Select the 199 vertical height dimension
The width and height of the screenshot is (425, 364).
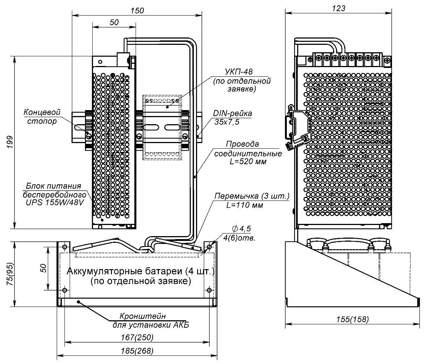[x=10, y=142]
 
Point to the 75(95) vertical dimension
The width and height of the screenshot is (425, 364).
[x=10, y=274]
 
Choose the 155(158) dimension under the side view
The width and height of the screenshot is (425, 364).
[x=351, y=319]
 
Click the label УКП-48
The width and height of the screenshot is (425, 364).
[x=239, y=72]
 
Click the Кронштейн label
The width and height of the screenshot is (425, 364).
[x=142, y=317]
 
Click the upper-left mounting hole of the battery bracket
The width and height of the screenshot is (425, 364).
[x=64, y=246]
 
